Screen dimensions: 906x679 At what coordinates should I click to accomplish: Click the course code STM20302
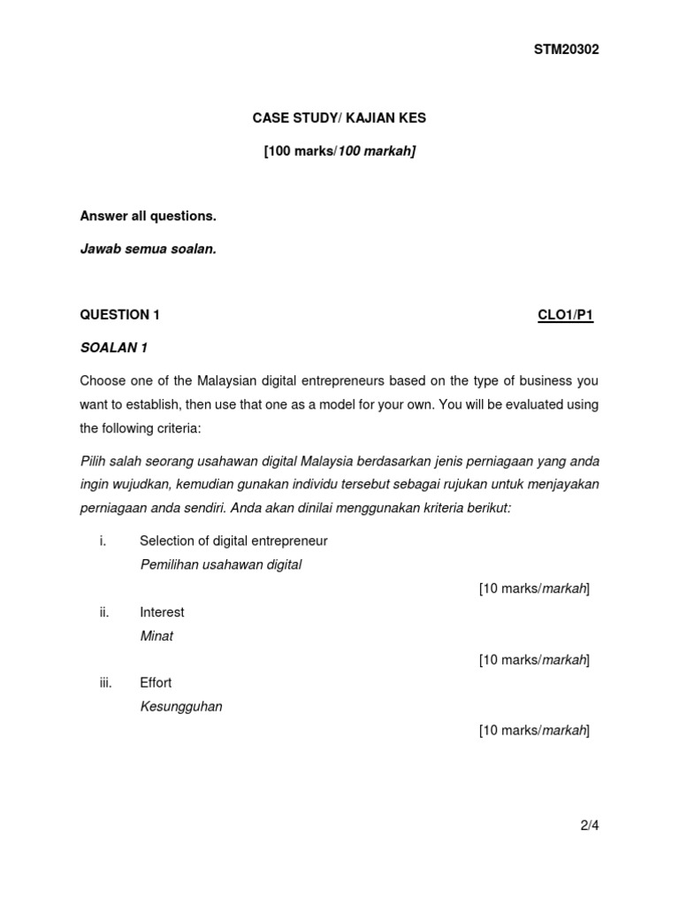pos(566,50)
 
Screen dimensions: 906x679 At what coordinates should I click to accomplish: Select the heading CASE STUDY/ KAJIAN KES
pos(339,119)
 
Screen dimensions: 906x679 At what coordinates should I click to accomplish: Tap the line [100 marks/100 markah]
pos(339,151)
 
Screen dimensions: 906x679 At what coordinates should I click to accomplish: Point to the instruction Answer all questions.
pos(148,216)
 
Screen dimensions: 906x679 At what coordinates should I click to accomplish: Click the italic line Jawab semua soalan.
pos(148,250)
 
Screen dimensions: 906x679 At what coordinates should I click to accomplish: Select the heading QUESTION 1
pos(120,314)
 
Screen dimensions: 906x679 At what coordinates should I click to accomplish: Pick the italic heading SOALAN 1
pos(113,348)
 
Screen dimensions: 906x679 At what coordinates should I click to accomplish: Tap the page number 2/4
pos(590,826)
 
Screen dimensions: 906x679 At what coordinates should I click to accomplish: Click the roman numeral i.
pos(103,541)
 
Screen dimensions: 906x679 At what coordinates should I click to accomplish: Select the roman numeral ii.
pos(104,612)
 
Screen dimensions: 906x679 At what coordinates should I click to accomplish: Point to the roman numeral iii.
pos(106,683)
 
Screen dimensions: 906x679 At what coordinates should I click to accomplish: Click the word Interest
pos(162,612)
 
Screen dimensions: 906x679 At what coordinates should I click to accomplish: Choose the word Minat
pos(156,636)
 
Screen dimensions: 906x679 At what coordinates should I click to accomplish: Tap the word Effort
pos(156,683)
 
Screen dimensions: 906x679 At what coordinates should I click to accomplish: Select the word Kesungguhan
pos(181,707)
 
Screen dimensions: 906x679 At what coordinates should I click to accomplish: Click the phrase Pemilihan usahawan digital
pos(221,564)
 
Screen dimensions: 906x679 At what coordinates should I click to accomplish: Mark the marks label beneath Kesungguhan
pos(534,731)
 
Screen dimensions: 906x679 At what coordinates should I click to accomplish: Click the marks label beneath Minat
pos(534,660)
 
